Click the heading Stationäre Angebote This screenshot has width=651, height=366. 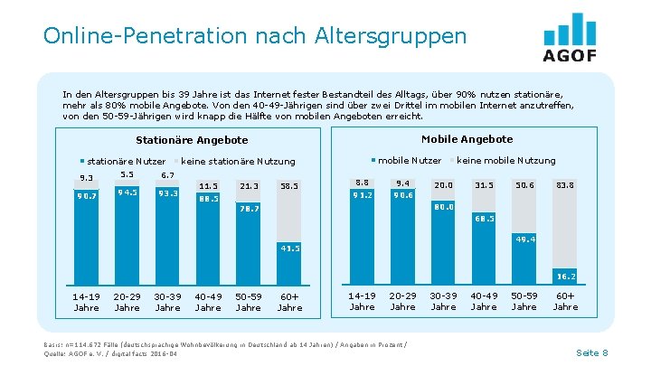pos(192,141)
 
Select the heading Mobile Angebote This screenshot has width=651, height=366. pos(467,139)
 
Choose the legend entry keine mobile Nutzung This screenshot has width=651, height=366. pos(505,161)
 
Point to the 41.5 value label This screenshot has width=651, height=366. pos(289,247)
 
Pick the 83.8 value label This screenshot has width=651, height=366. pos(565,184)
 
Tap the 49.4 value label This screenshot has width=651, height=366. pos(524,239)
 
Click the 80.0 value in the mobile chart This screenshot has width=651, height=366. pos(443,206)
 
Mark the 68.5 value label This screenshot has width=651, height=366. pos(484,219)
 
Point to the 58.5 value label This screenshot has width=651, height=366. pos(289,186)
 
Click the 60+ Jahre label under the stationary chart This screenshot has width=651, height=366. pos(289,302)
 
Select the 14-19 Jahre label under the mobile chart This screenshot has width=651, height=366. pos(362,302)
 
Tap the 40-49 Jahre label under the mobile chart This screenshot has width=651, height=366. pos(484,302)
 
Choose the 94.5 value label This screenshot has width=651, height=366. pos(127,192)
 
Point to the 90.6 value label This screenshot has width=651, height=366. pos(402,194)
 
